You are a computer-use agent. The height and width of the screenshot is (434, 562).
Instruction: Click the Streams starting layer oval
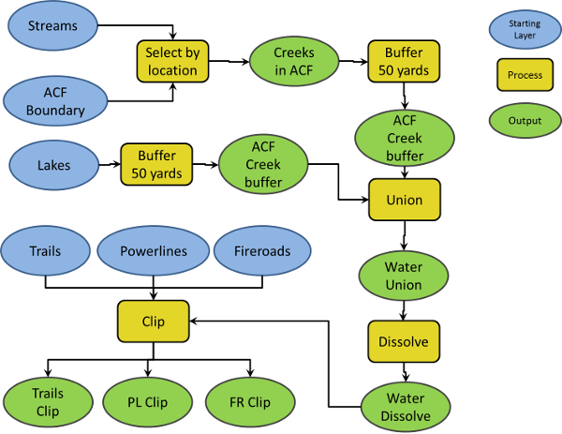[52, 26]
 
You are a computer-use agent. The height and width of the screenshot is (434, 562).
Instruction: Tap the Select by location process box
[172, 61]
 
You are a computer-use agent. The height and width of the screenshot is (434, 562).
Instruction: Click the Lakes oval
[54, 167]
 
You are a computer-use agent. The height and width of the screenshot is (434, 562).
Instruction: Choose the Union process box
[404, 200]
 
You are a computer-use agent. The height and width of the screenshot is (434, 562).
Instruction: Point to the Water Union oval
[404, 276]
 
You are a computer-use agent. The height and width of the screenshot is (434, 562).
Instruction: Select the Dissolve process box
[404, 342]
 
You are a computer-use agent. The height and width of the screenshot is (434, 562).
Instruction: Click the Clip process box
[153, 322]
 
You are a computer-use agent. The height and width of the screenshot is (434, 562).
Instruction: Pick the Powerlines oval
[154, 251]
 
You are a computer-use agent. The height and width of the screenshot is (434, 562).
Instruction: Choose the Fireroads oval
[259, 251]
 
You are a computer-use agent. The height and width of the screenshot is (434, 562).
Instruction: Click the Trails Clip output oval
[49, 403]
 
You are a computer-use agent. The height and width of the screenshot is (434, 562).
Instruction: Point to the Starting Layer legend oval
[524, 29]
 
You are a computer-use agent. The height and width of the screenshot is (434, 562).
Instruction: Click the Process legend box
[524, 75]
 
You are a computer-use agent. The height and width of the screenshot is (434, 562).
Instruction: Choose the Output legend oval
[524, 120]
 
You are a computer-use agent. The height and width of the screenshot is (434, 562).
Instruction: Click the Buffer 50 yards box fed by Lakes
[156, 167]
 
